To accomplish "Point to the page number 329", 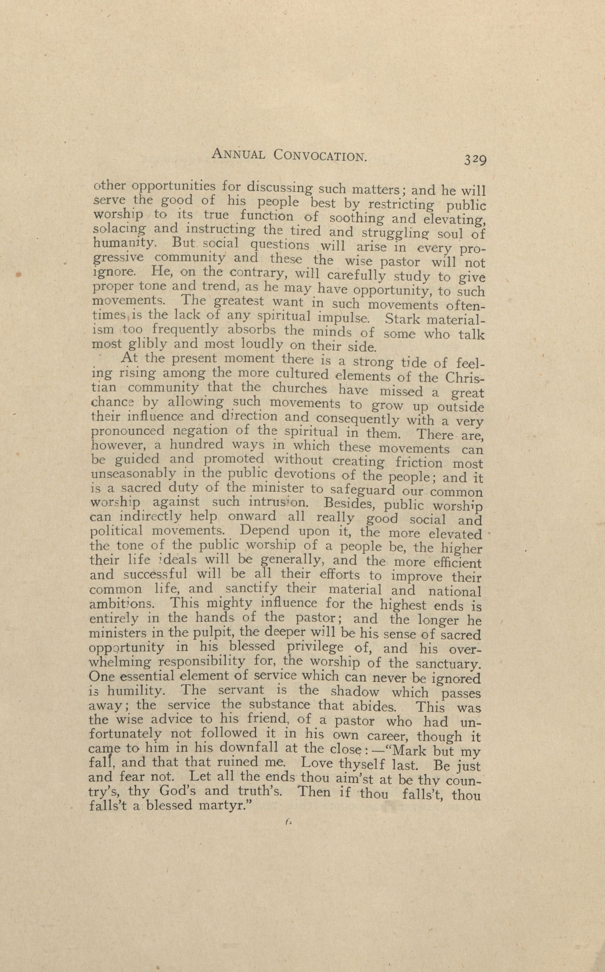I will tap(475, 160).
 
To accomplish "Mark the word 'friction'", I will tap(418, 463).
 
